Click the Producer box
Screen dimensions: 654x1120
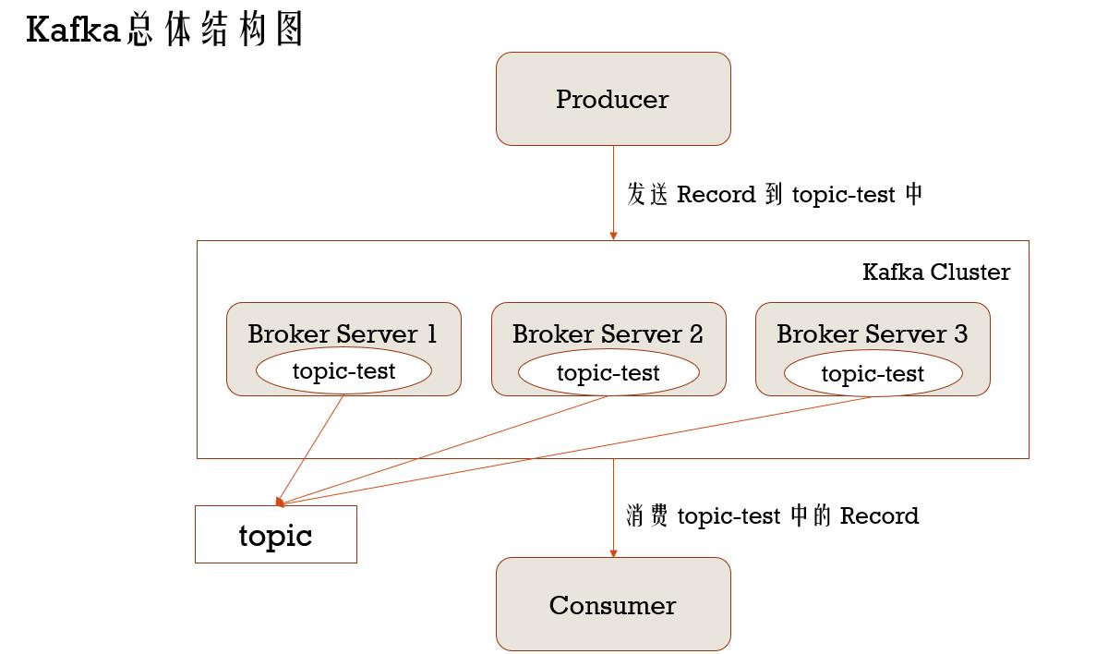[x=613, y=99]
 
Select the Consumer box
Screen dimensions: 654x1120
[x=613, y=605]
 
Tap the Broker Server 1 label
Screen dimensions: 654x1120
[x=343, y=333]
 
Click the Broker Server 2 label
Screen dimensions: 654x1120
[x=608, y=333]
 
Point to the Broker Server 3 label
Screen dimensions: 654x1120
[x=872, y=333]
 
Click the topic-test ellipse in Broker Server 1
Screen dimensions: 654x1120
[x=343, y=371]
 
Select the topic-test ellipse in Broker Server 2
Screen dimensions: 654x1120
[x=608, y=373]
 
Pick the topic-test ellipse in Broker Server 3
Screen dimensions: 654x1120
[x=873, y=374]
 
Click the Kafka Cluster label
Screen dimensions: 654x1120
[x=935, y=272]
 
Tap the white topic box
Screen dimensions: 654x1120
[x=275, y=535]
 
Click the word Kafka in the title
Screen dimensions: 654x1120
[x=74, y=30]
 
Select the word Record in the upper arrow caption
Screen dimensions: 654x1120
[x=717, y=195]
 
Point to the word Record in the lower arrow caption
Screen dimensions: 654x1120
[x=879, y=515]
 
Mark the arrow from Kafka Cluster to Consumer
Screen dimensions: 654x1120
[x=613, y=508]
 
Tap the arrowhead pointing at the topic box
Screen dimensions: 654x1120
[x=280, y=502]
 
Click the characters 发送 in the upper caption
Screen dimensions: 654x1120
[x=647, y=195]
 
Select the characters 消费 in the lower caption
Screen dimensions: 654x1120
[x=647, y=515]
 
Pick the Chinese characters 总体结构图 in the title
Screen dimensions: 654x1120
[x=216, y=30]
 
